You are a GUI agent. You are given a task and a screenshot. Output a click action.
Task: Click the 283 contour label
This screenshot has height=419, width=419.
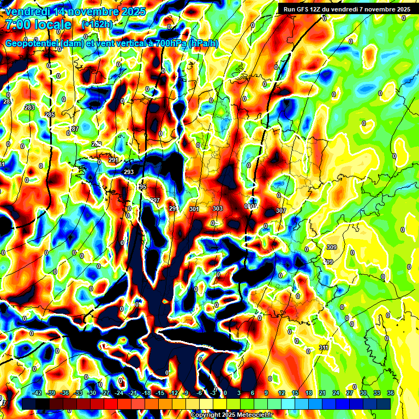coord(29,107)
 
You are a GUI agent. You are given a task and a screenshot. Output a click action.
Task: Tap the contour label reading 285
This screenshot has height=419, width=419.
coord(50,115)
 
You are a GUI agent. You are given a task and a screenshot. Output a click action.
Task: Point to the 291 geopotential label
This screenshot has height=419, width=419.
coord(113,160)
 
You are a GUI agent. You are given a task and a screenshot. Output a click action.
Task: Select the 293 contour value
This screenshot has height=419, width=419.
coord(129,172)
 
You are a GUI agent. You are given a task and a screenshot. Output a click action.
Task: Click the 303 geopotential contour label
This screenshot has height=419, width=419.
coord(218,209)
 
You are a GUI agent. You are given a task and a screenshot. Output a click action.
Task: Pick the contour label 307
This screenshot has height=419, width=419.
coord(281,211)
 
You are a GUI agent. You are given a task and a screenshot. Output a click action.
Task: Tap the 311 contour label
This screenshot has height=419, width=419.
coord(324,348)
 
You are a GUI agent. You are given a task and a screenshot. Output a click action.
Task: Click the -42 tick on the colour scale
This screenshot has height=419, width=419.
coord(38,393)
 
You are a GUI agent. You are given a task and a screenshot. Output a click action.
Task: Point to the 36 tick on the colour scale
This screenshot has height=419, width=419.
coord(390,393)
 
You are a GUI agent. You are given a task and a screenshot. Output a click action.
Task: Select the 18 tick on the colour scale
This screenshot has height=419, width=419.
coord(309,393)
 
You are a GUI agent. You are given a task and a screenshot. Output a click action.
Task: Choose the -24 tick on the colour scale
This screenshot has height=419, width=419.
coord(119,393)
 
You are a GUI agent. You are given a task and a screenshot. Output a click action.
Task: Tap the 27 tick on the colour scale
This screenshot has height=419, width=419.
coord(349,393)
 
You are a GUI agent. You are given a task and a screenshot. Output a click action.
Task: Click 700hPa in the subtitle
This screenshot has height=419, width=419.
coord(166,44)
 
